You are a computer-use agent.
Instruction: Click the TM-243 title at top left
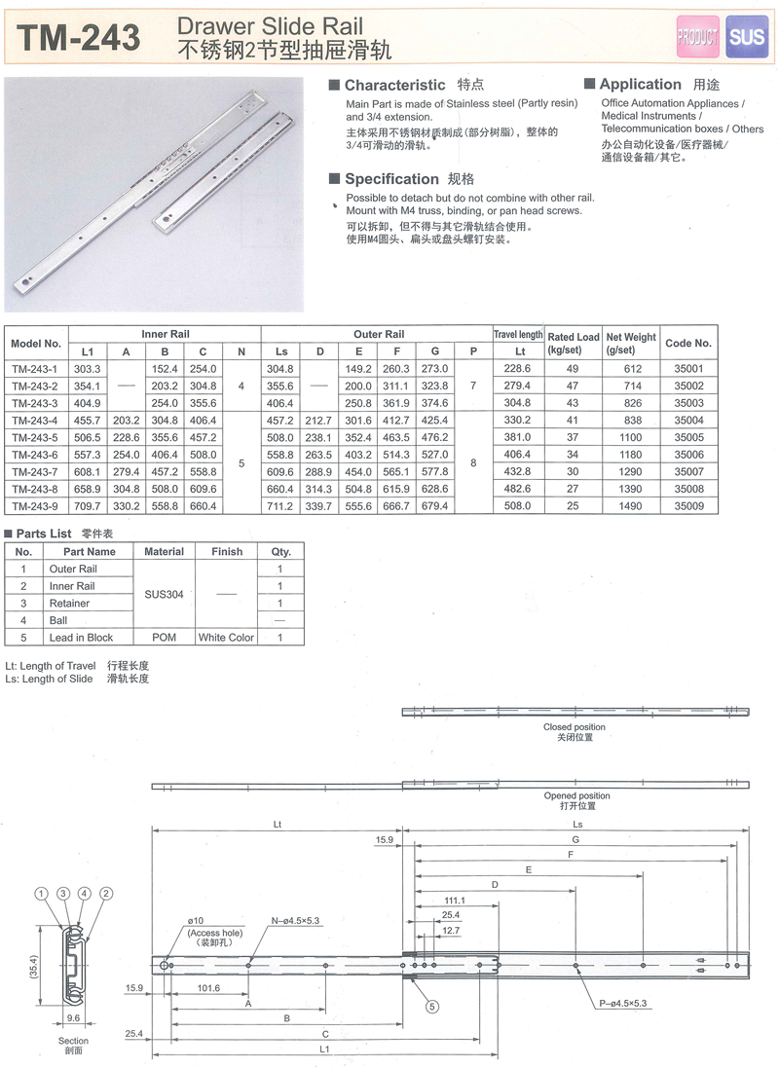click(81, 38)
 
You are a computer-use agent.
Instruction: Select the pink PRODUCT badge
click(697, 37)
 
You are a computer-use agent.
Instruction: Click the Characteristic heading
click(394, 86)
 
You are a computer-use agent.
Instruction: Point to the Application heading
click(640, 85)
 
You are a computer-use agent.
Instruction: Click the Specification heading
click(391, 179)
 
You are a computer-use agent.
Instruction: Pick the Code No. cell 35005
click(688, 437)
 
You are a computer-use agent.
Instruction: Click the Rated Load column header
click(574, 343)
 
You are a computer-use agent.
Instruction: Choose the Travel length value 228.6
click(520, 368)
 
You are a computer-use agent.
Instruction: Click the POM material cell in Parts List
click(164, 638)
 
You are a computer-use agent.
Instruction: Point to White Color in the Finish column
click(226, 638)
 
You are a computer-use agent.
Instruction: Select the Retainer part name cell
click(69, 604)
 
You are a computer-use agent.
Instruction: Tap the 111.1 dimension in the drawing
click(455, 901)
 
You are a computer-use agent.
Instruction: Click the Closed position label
click(575, 727)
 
